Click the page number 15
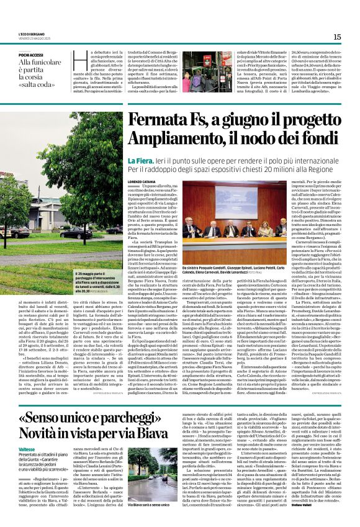click(x=337, y=37)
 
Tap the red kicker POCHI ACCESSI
click(x=31, y=55)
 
